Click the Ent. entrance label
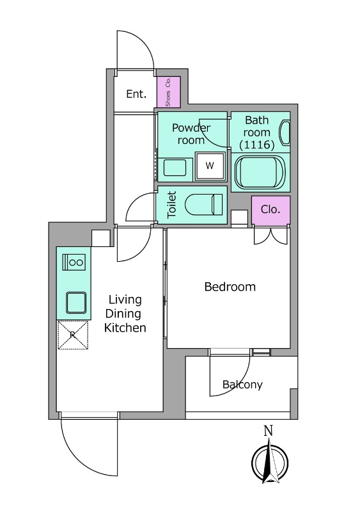click(136, 94)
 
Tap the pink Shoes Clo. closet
click(169, 92)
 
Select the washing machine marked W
click(210, 166)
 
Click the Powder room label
click(191, 134)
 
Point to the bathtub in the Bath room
click(260, 172)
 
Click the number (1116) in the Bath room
click(257, 145)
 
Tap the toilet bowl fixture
click(204, 204)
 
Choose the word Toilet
click(171, 205)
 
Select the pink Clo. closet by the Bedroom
click(271, 211)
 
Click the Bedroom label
click(230, 287)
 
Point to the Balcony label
click(242, 385)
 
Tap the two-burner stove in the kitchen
click(74, 262)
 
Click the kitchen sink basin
click(76, 303)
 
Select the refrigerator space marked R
click(73, 335)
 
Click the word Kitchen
click(125, 328)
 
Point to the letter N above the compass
click(269, 431)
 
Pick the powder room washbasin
click(175, 168)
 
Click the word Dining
click(123, 314)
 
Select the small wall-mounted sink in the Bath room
click(285, 133)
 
